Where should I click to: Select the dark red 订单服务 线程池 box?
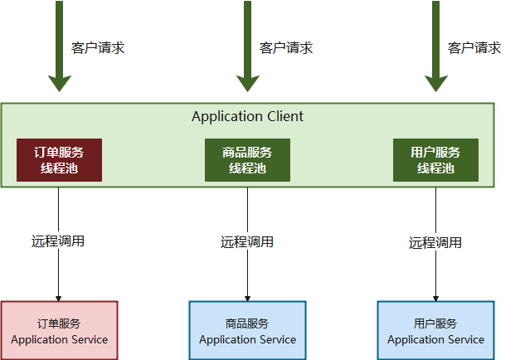coord(59,160)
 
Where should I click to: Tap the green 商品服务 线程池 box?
coord(247,160)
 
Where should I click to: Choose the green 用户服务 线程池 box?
coord(435,160)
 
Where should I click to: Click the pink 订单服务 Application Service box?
coord(59,330)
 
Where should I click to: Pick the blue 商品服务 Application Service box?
coord(247,330)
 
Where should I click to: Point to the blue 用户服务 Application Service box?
coord(435,330)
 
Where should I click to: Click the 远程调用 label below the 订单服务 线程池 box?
coord(58,241)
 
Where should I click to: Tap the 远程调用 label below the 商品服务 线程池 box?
coord(247,242)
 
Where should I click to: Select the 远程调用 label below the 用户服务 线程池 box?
coord(435,243)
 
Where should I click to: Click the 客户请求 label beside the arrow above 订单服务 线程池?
coord(98,47)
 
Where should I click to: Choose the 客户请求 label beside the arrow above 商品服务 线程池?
coord(286,47)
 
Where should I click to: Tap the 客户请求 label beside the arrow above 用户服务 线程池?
coord(474,47)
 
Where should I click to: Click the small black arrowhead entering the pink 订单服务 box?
coord(59,297)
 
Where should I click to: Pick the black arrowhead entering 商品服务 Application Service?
coord(247,297)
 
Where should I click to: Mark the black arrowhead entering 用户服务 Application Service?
coord(435,297)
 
